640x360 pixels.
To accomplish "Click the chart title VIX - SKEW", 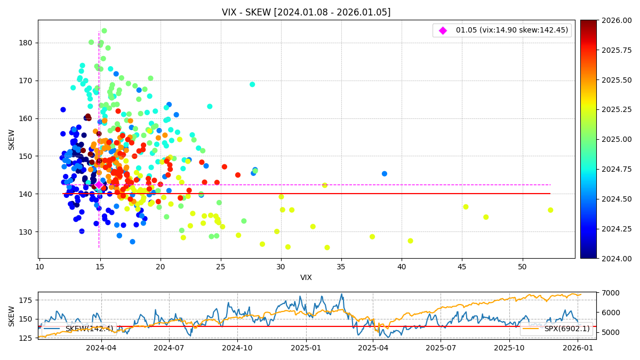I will coord(306,12).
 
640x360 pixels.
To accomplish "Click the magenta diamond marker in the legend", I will coord(443,30).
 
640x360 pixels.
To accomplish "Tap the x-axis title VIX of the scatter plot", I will coord(306,277).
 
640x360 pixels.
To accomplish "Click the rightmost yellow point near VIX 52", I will coord(550,210).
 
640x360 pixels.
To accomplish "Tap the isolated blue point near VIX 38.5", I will coord(385,173).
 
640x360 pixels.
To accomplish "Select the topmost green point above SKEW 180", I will coord(104,31).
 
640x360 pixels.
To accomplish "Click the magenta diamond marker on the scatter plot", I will coord(99,185).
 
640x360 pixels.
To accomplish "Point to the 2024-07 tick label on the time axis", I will coord(169,348).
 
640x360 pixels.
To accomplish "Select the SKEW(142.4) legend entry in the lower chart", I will coord(80,329).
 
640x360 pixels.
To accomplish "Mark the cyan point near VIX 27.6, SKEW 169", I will coord(252,84).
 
